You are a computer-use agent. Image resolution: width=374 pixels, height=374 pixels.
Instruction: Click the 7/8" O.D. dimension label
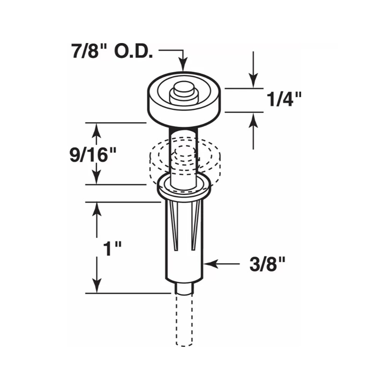tap(112, 51)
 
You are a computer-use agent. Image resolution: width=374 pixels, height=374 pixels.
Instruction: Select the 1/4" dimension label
tap(284, 99)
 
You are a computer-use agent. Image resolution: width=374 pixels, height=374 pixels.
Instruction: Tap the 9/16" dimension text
tap(93, 155)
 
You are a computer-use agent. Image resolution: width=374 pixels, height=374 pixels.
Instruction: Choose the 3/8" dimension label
tap(267, 264)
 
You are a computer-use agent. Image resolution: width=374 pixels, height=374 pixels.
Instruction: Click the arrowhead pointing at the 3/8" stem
tap(211, 264)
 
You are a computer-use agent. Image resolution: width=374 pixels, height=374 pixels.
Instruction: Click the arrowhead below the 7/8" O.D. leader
tap(183, 65)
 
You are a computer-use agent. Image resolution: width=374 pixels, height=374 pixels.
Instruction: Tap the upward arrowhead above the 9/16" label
tap(97, 130)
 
